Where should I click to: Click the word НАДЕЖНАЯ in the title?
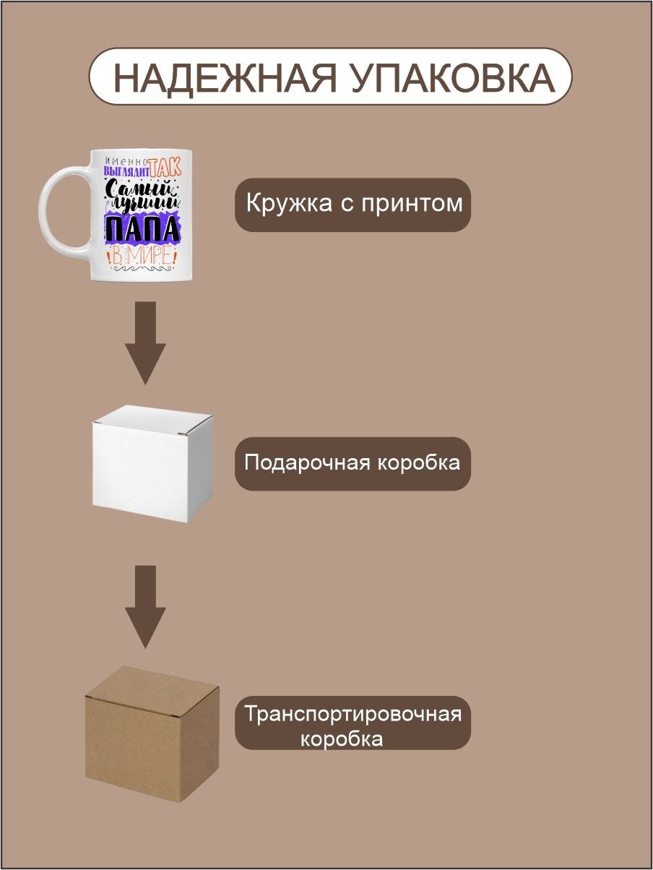[x=225, y=77]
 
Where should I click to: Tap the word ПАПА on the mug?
[x=142, y=228]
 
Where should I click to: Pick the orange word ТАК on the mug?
[x=165, y=167]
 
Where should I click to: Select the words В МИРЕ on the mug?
[x=143, y=256]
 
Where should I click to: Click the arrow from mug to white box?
[x=145, y=343]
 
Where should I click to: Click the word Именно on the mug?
[x=126, y=161]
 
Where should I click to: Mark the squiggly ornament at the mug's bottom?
[x=143, y=269]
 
